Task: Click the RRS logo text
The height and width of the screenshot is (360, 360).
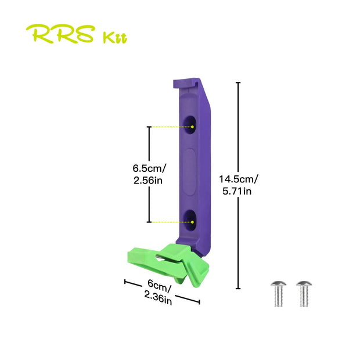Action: click(60, 34)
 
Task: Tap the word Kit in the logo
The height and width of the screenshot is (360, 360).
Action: click(114, 38)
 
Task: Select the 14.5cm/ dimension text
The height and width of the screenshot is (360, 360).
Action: click(239, 179)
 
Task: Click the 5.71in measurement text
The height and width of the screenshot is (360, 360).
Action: click(237, 191)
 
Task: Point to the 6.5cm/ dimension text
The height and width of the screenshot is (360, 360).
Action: click(149, 168)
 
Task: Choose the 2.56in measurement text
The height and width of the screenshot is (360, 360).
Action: click(148, 181)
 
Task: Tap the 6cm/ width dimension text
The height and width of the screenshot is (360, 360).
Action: click(159, 286)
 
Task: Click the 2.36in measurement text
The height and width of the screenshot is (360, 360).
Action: click(158, 298)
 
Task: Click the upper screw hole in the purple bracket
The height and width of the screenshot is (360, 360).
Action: click(190, 125)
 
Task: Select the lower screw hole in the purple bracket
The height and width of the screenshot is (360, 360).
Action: click(190, 220)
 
